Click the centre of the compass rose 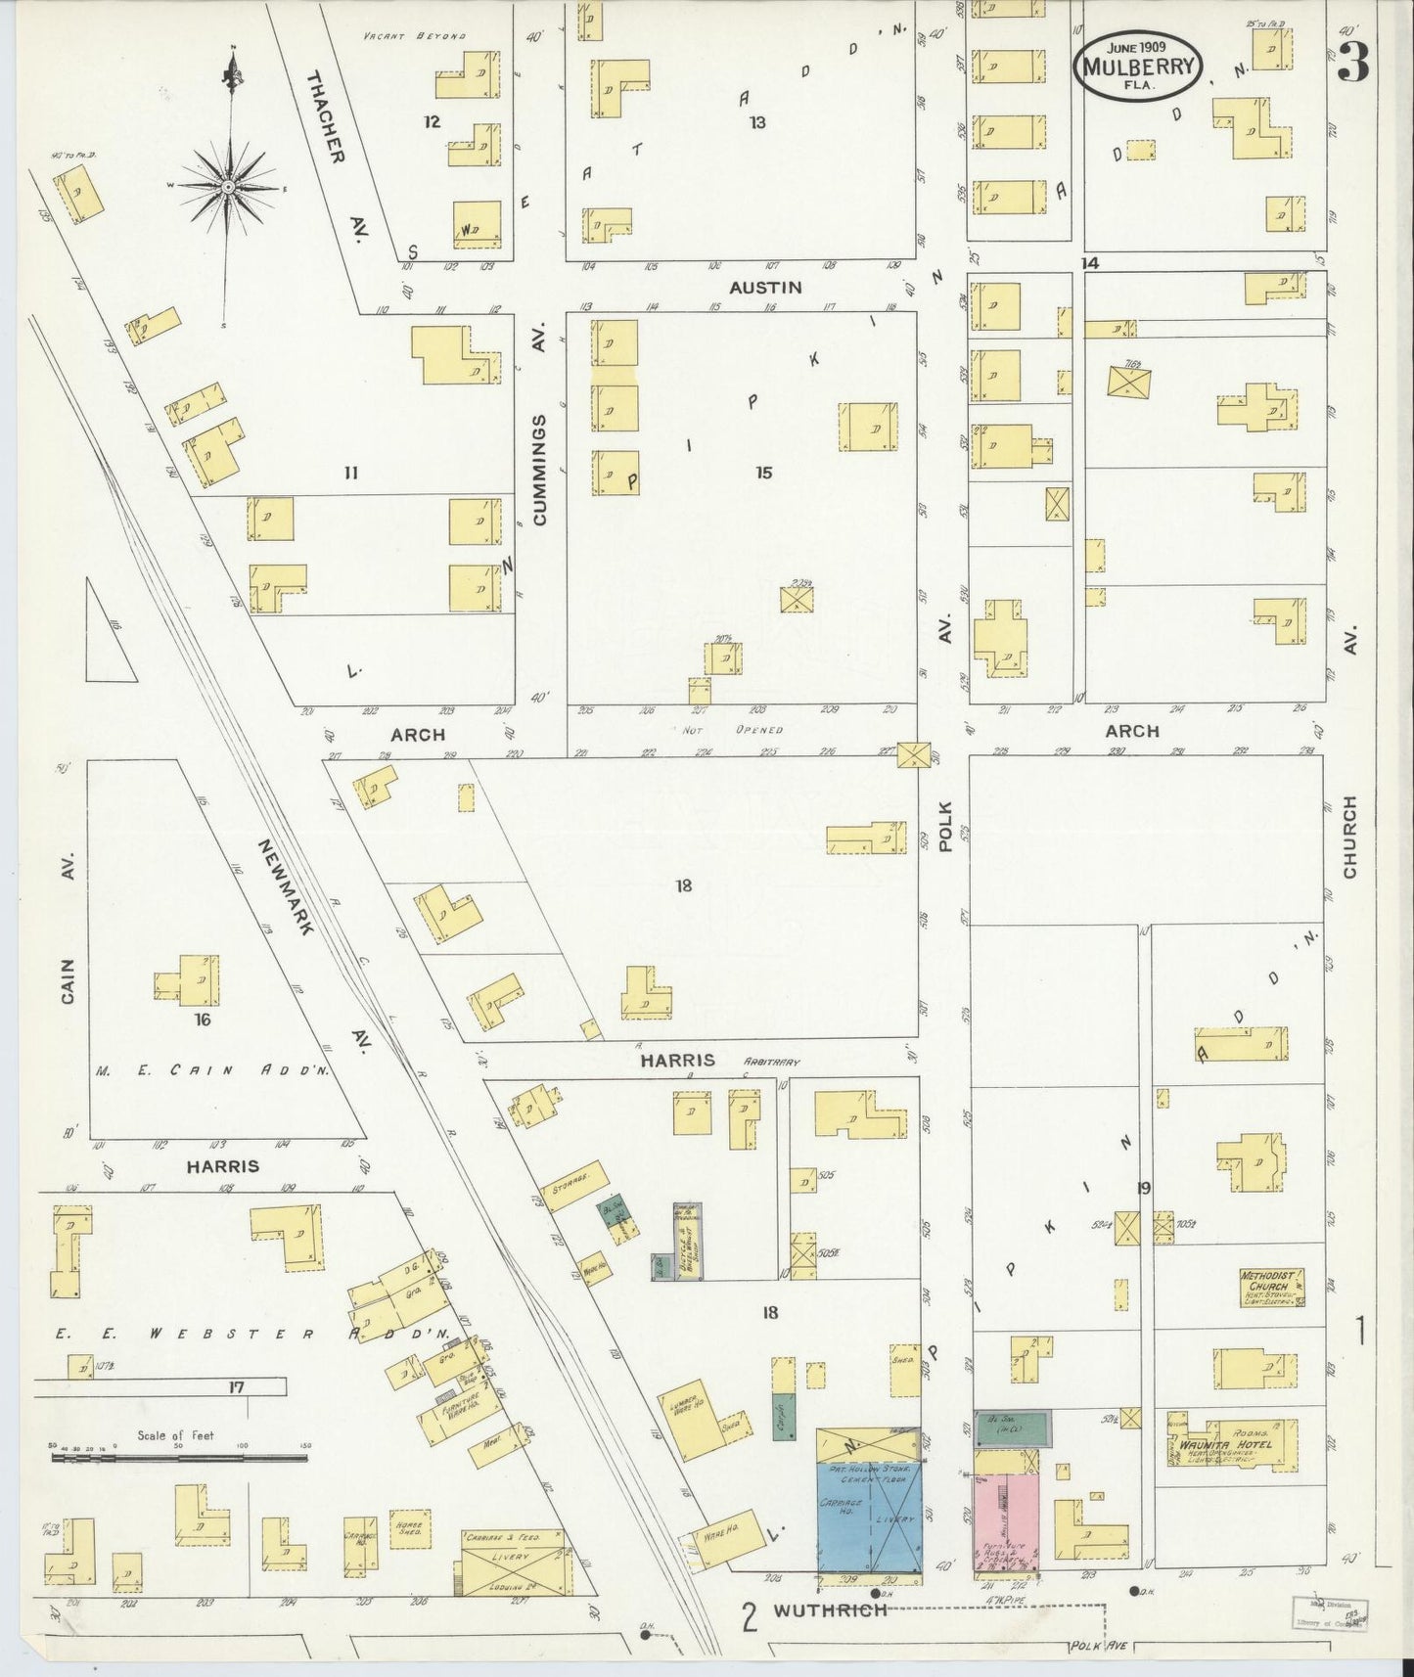click(x=228, y=186)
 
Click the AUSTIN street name click(x=765, y=288)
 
